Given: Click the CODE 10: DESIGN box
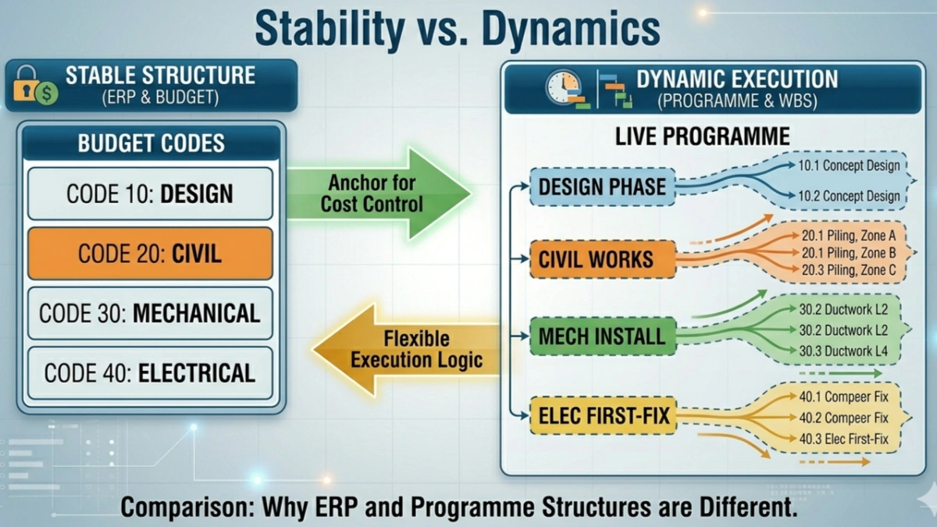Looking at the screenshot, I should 150,194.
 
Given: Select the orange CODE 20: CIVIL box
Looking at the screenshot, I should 150,254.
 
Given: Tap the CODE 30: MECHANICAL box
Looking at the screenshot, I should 150,313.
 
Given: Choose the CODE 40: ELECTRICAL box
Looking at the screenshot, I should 150,373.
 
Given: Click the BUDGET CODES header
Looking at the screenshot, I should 151,144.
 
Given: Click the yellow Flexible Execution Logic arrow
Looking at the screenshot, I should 406,349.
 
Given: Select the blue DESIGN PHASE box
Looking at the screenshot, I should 602,187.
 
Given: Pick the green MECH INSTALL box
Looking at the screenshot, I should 602,337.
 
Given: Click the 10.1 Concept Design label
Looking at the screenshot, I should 849,166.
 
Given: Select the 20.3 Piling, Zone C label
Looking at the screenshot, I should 848,270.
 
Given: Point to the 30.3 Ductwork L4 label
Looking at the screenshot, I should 843,351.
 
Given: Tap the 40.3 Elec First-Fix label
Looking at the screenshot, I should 843,439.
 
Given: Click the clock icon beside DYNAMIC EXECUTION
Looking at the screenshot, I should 563,85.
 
